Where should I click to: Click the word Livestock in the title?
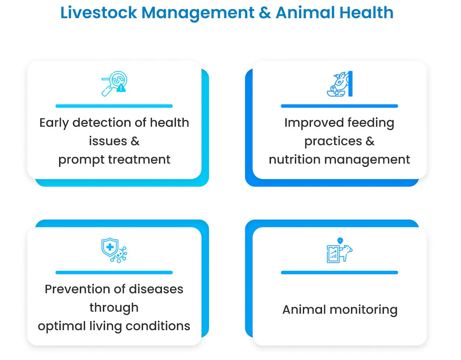99,13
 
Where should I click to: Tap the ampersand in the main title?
265,13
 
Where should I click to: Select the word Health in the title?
366,13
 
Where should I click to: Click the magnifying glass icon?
114,84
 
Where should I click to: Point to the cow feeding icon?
340,84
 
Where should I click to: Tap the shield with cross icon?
114,250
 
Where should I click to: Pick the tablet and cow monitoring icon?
340,250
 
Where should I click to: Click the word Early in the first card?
54,123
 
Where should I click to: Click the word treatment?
139,159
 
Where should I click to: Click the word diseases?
156,289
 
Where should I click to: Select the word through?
114,308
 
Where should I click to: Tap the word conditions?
158,326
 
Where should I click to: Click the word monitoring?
363,310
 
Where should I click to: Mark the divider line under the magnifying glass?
114,106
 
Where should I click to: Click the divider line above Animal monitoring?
340,272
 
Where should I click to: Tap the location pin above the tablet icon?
340,241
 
